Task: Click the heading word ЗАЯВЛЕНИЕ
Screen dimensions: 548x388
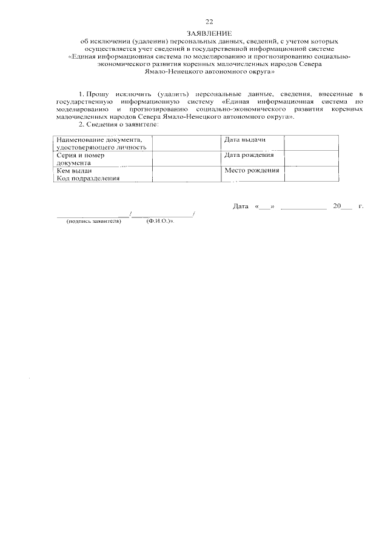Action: (x=209, y=33)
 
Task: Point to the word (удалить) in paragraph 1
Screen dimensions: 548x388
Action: (x=173, y=95)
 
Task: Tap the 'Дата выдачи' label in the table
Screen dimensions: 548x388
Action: (x=245, y=140)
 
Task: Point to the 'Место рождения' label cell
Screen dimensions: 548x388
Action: (x=252, y=171)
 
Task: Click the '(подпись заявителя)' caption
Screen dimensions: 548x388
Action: (x=94, y=222)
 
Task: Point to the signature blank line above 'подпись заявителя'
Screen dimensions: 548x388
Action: (x=93, y=215)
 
